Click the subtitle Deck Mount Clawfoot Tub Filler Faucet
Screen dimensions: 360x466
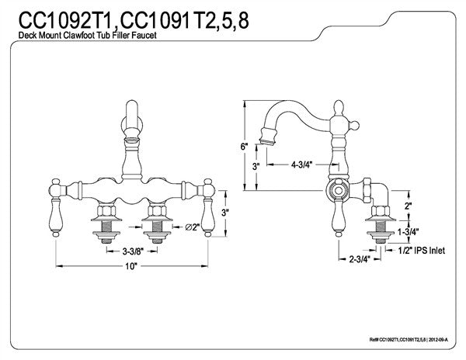[x=89, y=40]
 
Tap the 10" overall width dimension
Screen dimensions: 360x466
[x=130, y=266]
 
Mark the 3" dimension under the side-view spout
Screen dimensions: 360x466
[x=257, y=167]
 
